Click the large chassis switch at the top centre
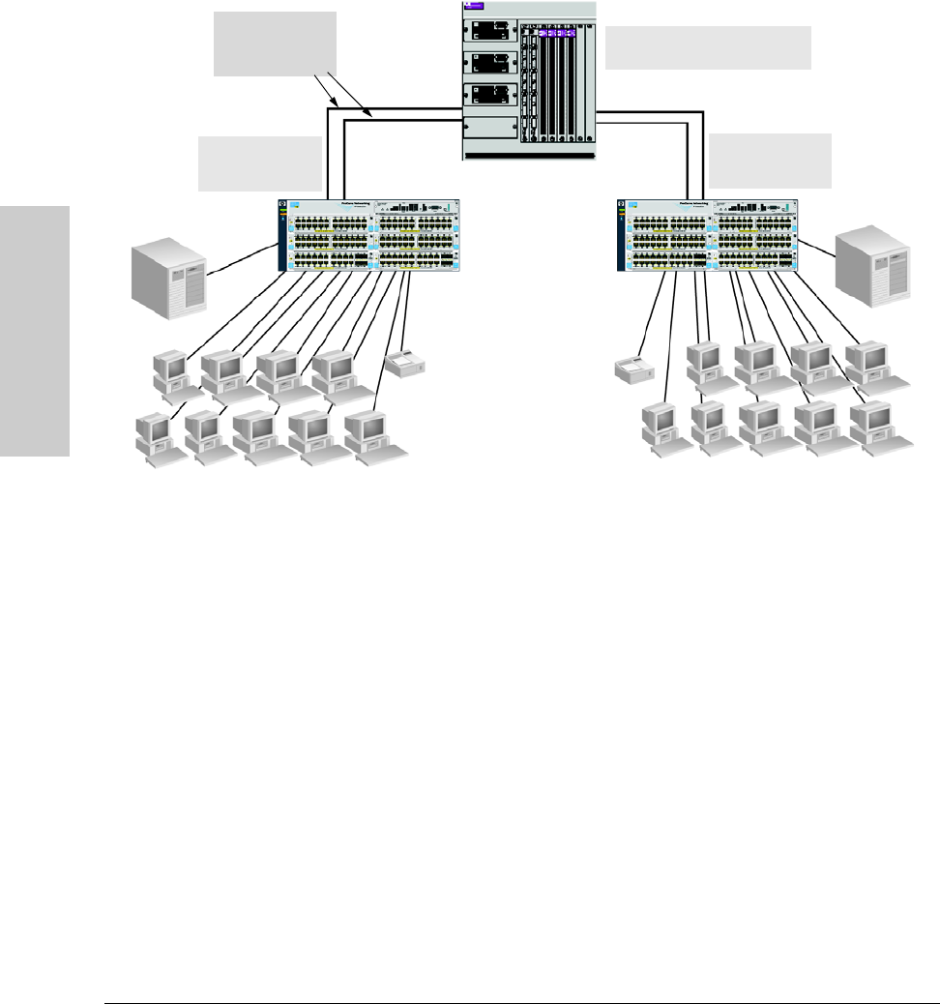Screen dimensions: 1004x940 click(x=529, y=79)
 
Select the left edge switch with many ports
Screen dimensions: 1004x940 click(x=368, y=235)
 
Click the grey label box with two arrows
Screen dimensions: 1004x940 click(x=275, y=44)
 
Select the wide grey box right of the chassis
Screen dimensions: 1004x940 click(x=707, y=47)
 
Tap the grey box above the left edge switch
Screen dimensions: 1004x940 click(x=259, y=163)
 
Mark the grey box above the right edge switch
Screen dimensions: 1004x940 click(x=770, y=161)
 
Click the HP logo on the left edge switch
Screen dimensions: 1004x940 click(x=283, y=205)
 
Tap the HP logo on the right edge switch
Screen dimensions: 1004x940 click(x=623, y=205)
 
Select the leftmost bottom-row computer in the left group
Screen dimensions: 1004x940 click(x=155, y=436)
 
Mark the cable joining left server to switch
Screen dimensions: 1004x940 click(x=242, y=261)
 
